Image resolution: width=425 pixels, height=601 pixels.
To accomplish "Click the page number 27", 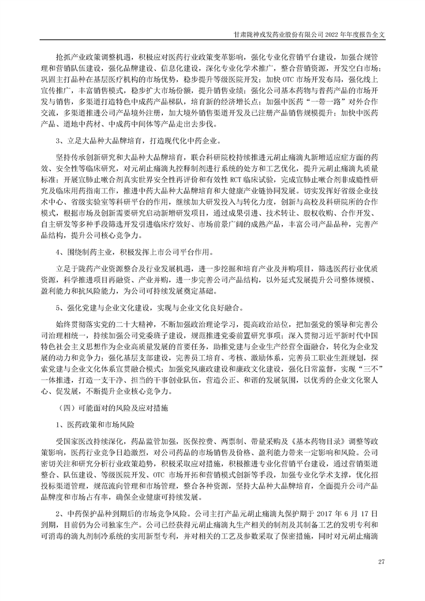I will coord(382,561).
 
